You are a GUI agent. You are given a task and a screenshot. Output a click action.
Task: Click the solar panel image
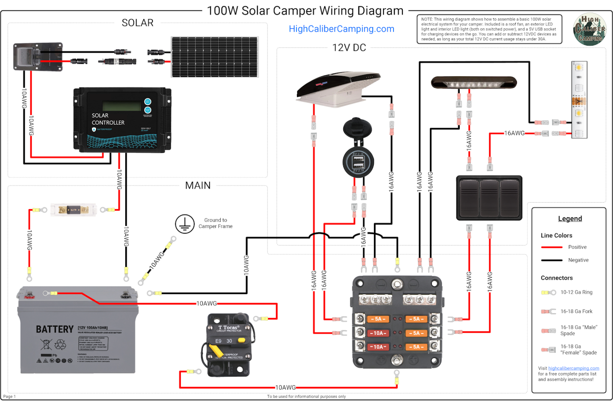215,57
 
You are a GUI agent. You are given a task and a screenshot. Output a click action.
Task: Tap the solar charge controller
122,120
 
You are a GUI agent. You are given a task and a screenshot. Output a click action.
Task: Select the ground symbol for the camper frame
184,224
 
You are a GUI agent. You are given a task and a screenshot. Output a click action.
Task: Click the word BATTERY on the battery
55,329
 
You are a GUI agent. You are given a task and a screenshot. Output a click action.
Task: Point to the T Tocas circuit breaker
229,345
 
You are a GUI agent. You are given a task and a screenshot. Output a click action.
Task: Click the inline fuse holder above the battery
73,209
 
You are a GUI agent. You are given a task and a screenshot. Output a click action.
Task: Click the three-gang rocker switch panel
489,198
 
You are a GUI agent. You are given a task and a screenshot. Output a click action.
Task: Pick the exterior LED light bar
474,83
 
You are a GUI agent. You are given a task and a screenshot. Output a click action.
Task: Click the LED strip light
579,100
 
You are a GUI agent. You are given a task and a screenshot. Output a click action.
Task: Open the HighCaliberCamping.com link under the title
341,29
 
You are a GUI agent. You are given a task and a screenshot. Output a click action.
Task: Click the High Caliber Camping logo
589,30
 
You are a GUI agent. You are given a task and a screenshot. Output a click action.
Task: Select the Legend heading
569,219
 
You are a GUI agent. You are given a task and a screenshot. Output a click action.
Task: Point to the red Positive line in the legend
551,247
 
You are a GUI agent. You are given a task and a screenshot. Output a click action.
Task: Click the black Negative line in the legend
551,260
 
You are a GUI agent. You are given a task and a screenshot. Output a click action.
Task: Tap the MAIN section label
198,186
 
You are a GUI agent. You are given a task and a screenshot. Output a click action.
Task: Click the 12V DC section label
349,48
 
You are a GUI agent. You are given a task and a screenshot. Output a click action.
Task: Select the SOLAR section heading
137,23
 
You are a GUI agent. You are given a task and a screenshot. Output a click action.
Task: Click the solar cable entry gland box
38,57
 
